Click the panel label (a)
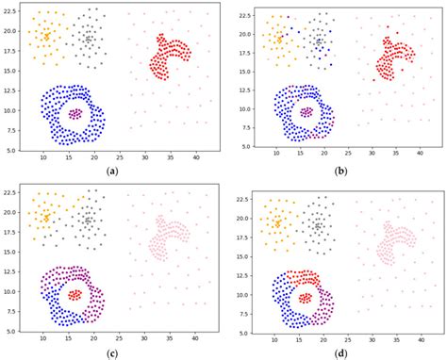tap(112, 171)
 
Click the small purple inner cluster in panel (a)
tap(75, 113)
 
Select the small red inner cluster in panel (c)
tap(75, 294)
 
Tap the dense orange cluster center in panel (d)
tap(278, 223)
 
